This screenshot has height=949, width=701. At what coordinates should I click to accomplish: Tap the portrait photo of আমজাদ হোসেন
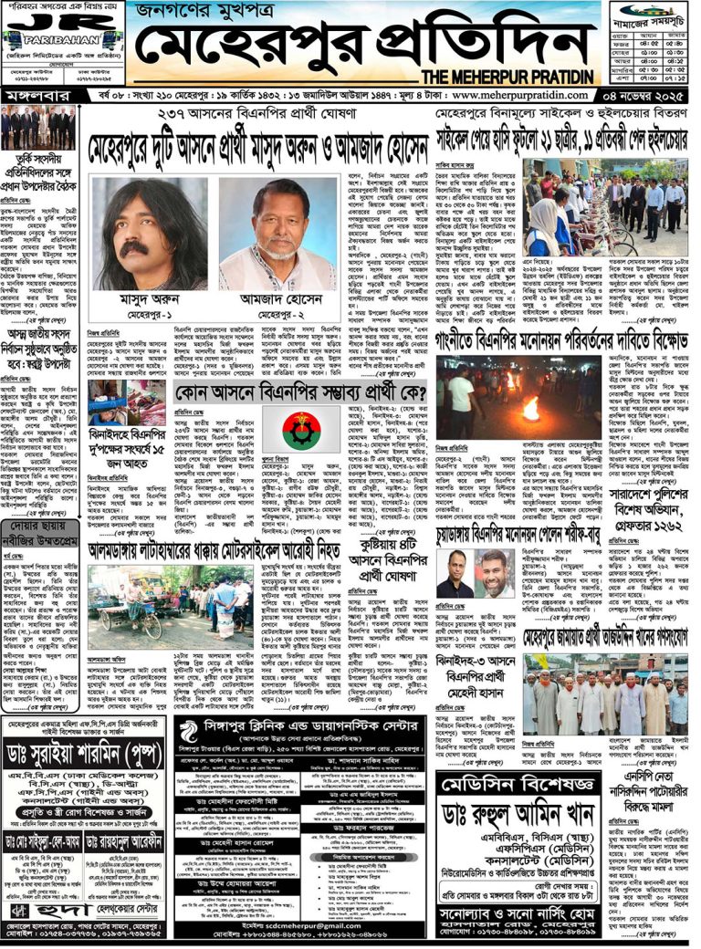[x=265, y=235]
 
